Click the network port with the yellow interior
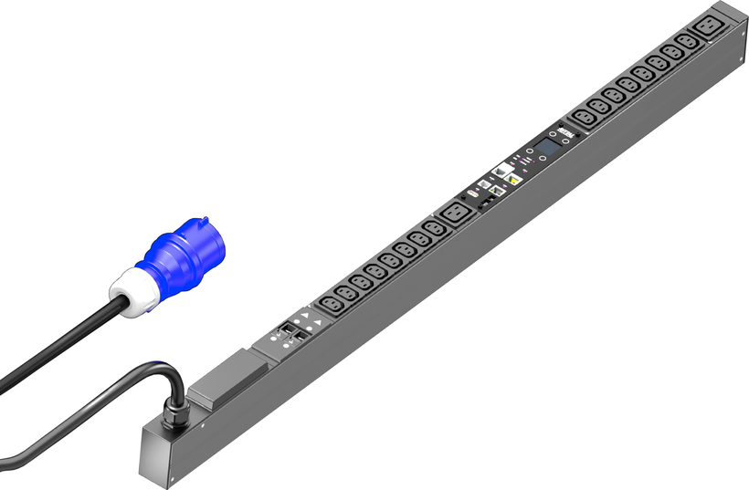click(513, 180)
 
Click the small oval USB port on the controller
click(475, 193)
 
